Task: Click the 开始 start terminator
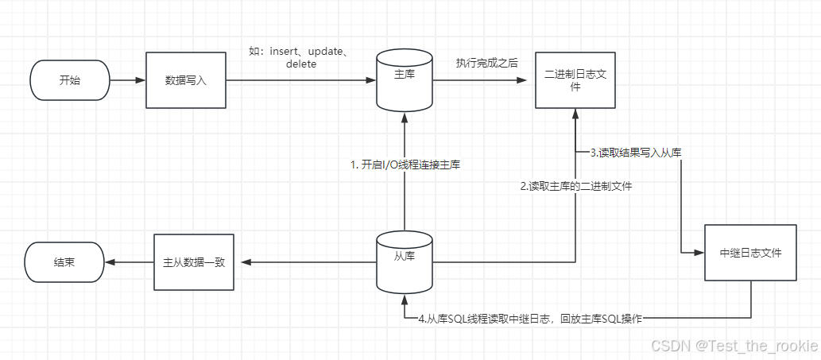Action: tap(70, 80)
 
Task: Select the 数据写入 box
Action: tap(186, 80)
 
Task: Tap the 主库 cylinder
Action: tap(405, 80)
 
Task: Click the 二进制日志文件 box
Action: tap(575, 80)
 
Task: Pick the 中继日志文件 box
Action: tap(750, 253)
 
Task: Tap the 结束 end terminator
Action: tap(64, 261)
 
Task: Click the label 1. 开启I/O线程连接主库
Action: tap(405, 165)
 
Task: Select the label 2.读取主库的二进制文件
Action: tap(576, 187)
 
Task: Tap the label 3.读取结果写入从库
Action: tap(635, 152)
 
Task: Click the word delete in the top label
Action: tap(301, 64)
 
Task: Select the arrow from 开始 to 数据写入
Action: tap(128, 80)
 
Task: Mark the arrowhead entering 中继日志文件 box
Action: tap(699, 253)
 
